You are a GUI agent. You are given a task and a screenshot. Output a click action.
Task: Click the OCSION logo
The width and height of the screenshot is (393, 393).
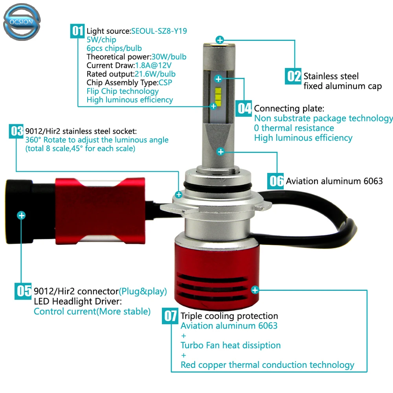22,22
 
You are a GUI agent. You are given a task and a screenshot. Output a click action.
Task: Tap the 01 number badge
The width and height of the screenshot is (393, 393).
77,31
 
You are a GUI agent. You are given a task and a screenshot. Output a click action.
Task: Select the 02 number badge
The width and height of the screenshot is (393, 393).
293,76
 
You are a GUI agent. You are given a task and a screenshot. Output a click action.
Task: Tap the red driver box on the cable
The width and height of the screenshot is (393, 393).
100,211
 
